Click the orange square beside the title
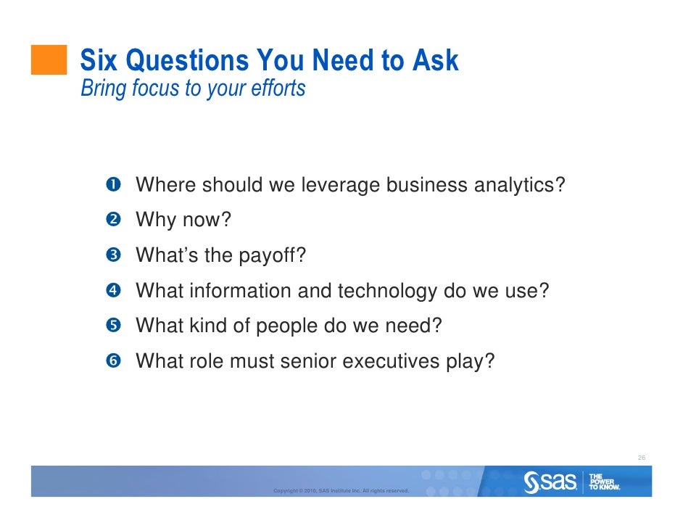(x=49, y=59)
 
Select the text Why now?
(x=183, y=220)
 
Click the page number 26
(x=641, y=458)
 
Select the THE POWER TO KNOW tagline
(x=604, y=482)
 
